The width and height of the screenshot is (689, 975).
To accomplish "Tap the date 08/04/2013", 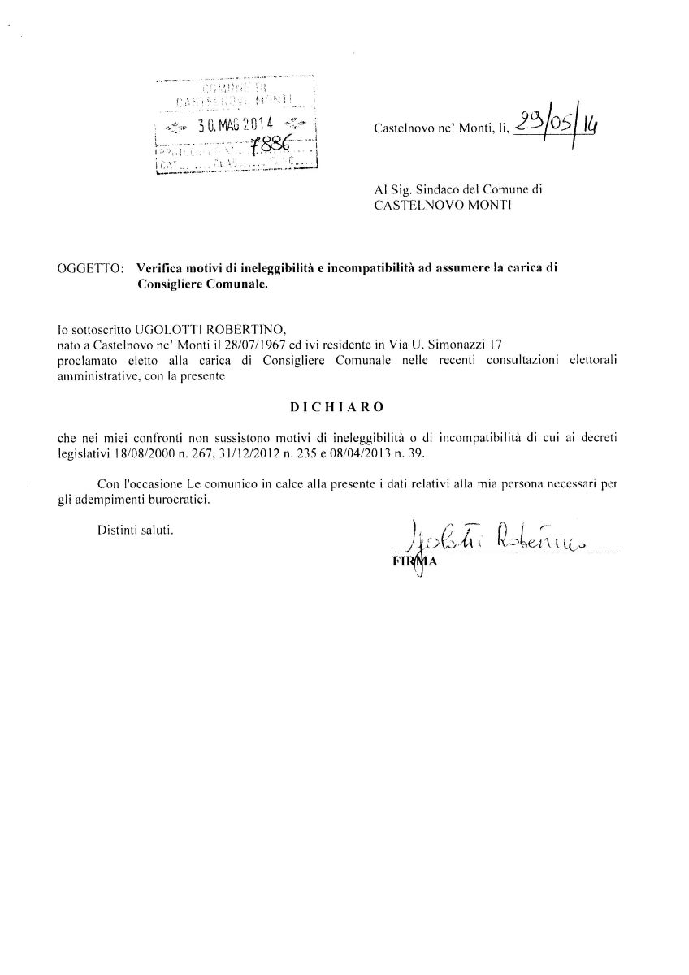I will pyautogui.click(x=366, y=454).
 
